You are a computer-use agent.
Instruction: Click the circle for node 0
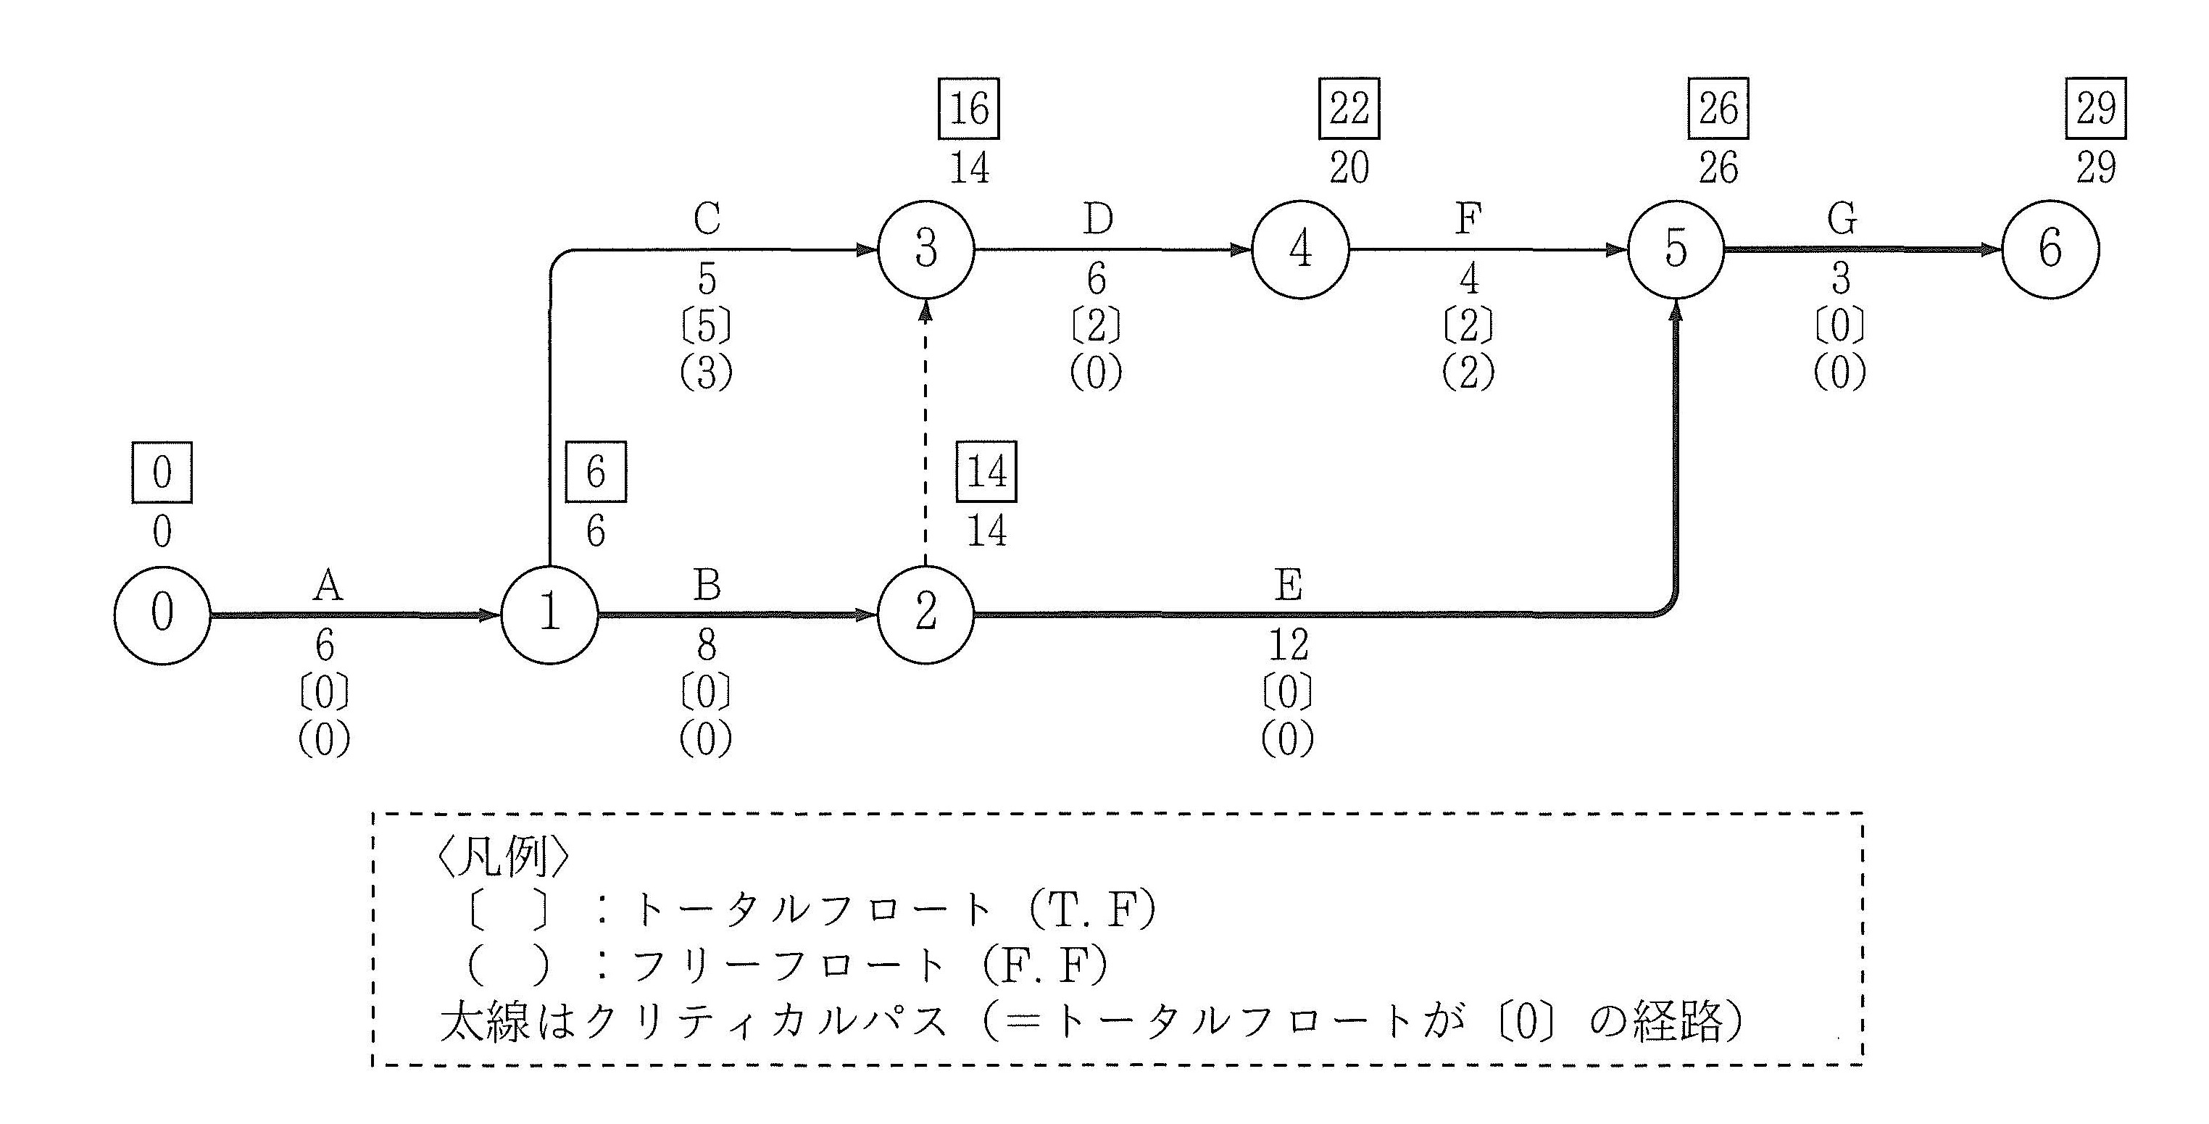pyautogui.click(x=162, y=615)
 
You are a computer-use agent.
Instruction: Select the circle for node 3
pyautogui.click(x=926, y=250)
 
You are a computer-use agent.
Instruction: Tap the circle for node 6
pyautogui.click(x=2050, y=249)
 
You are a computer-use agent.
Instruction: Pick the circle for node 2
pyautogui.click(x=926, y=615)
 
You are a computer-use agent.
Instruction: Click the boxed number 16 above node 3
pyautogui.click(x=969, y=108)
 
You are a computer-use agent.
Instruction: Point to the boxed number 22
pyautogui.click(x=1348, y=108)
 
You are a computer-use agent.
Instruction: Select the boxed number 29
pyautogui.click(x=2096, y=108)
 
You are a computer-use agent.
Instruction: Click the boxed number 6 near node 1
pyautogui.click(x=596, y=472)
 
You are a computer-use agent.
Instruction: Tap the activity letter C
pyautogui.click(x=707, y=220)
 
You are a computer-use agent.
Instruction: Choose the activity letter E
pyautogui.click(x=1288, y=586)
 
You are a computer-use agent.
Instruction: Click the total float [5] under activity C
pyautogui.click(x=707, y=326)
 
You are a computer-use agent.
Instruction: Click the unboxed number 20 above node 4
pyautogui.click(x=1349, y=168)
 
